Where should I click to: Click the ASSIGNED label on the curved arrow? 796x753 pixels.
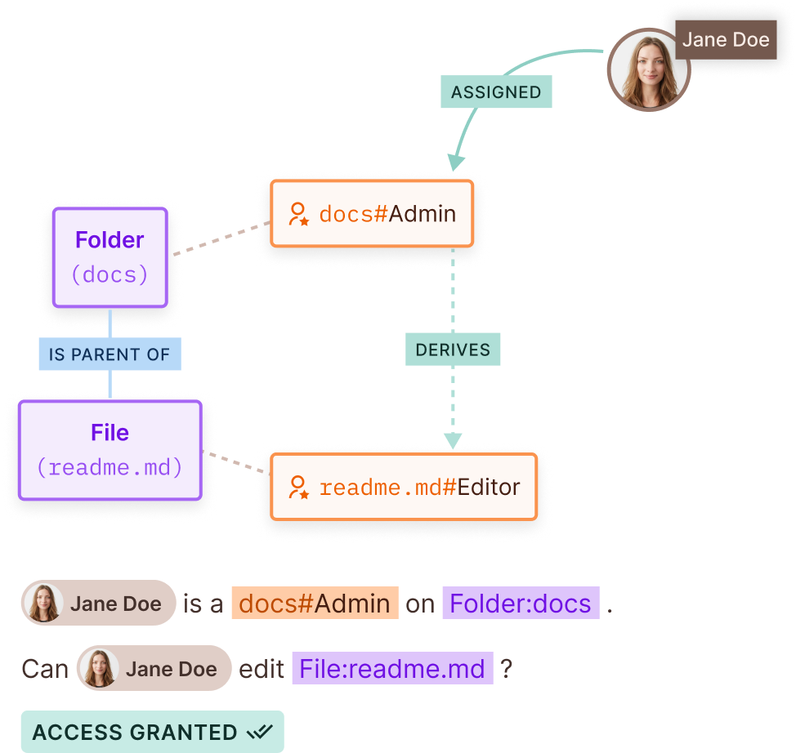coord(496,92)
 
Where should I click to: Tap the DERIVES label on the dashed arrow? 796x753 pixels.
coord(453,350)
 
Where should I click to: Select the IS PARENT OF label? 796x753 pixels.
coord(110,354)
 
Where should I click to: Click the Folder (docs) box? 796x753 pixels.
coord(110,257)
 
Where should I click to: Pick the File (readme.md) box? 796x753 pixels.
coord(110,450)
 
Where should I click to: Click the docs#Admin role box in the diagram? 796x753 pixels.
coord(372,214)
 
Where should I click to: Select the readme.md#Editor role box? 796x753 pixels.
coord(404,488)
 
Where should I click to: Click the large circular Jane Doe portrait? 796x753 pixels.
coord(648,69)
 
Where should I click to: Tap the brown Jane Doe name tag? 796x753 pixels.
coord(726,40)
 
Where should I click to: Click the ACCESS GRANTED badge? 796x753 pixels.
coord(152,732)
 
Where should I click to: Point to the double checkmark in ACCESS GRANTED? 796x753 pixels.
coord(261,732)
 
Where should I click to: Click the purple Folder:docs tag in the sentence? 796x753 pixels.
coord(521,604)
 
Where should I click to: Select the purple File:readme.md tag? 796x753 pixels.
coord(392,669)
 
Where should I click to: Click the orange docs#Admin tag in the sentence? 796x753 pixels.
coord(315,604)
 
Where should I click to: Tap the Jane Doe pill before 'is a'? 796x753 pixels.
coord(99,604)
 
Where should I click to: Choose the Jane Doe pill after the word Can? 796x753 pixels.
coord(154,669)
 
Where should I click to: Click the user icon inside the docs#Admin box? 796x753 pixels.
coord(299,214)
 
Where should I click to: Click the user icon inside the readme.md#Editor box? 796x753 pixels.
coord(299,488)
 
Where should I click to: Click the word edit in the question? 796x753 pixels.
coord(262,669)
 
